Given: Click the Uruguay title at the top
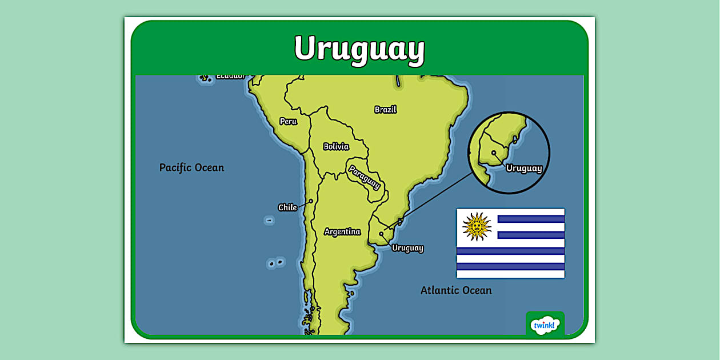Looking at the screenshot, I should [359, 48].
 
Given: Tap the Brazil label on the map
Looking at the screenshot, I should [386, 109].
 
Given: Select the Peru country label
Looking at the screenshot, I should [288, 121].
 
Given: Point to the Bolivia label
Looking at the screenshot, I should [336, 146].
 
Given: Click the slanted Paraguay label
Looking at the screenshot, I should [364, 177].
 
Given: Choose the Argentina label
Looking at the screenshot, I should [342, 231].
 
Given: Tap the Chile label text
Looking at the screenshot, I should [287, 207].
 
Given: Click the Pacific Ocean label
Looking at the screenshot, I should [191, 167].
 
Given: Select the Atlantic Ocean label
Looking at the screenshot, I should [456, 290].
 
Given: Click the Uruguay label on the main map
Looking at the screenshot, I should [407, 248].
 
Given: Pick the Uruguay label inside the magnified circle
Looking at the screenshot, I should [524, 168].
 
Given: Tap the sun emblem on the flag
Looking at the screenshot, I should [477, 226].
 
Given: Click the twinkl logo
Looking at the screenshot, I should [545, 325].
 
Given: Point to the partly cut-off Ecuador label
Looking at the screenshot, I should [230, 75].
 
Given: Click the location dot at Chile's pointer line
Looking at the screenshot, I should [311, 201].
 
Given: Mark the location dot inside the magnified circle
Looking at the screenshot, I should [494, 153].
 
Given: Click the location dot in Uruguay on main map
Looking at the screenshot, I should [381, 234].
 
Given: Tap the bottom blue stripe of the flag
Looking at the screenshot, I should [510, 266].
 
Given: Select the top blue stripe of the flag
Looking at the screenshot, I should [531, 219].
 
